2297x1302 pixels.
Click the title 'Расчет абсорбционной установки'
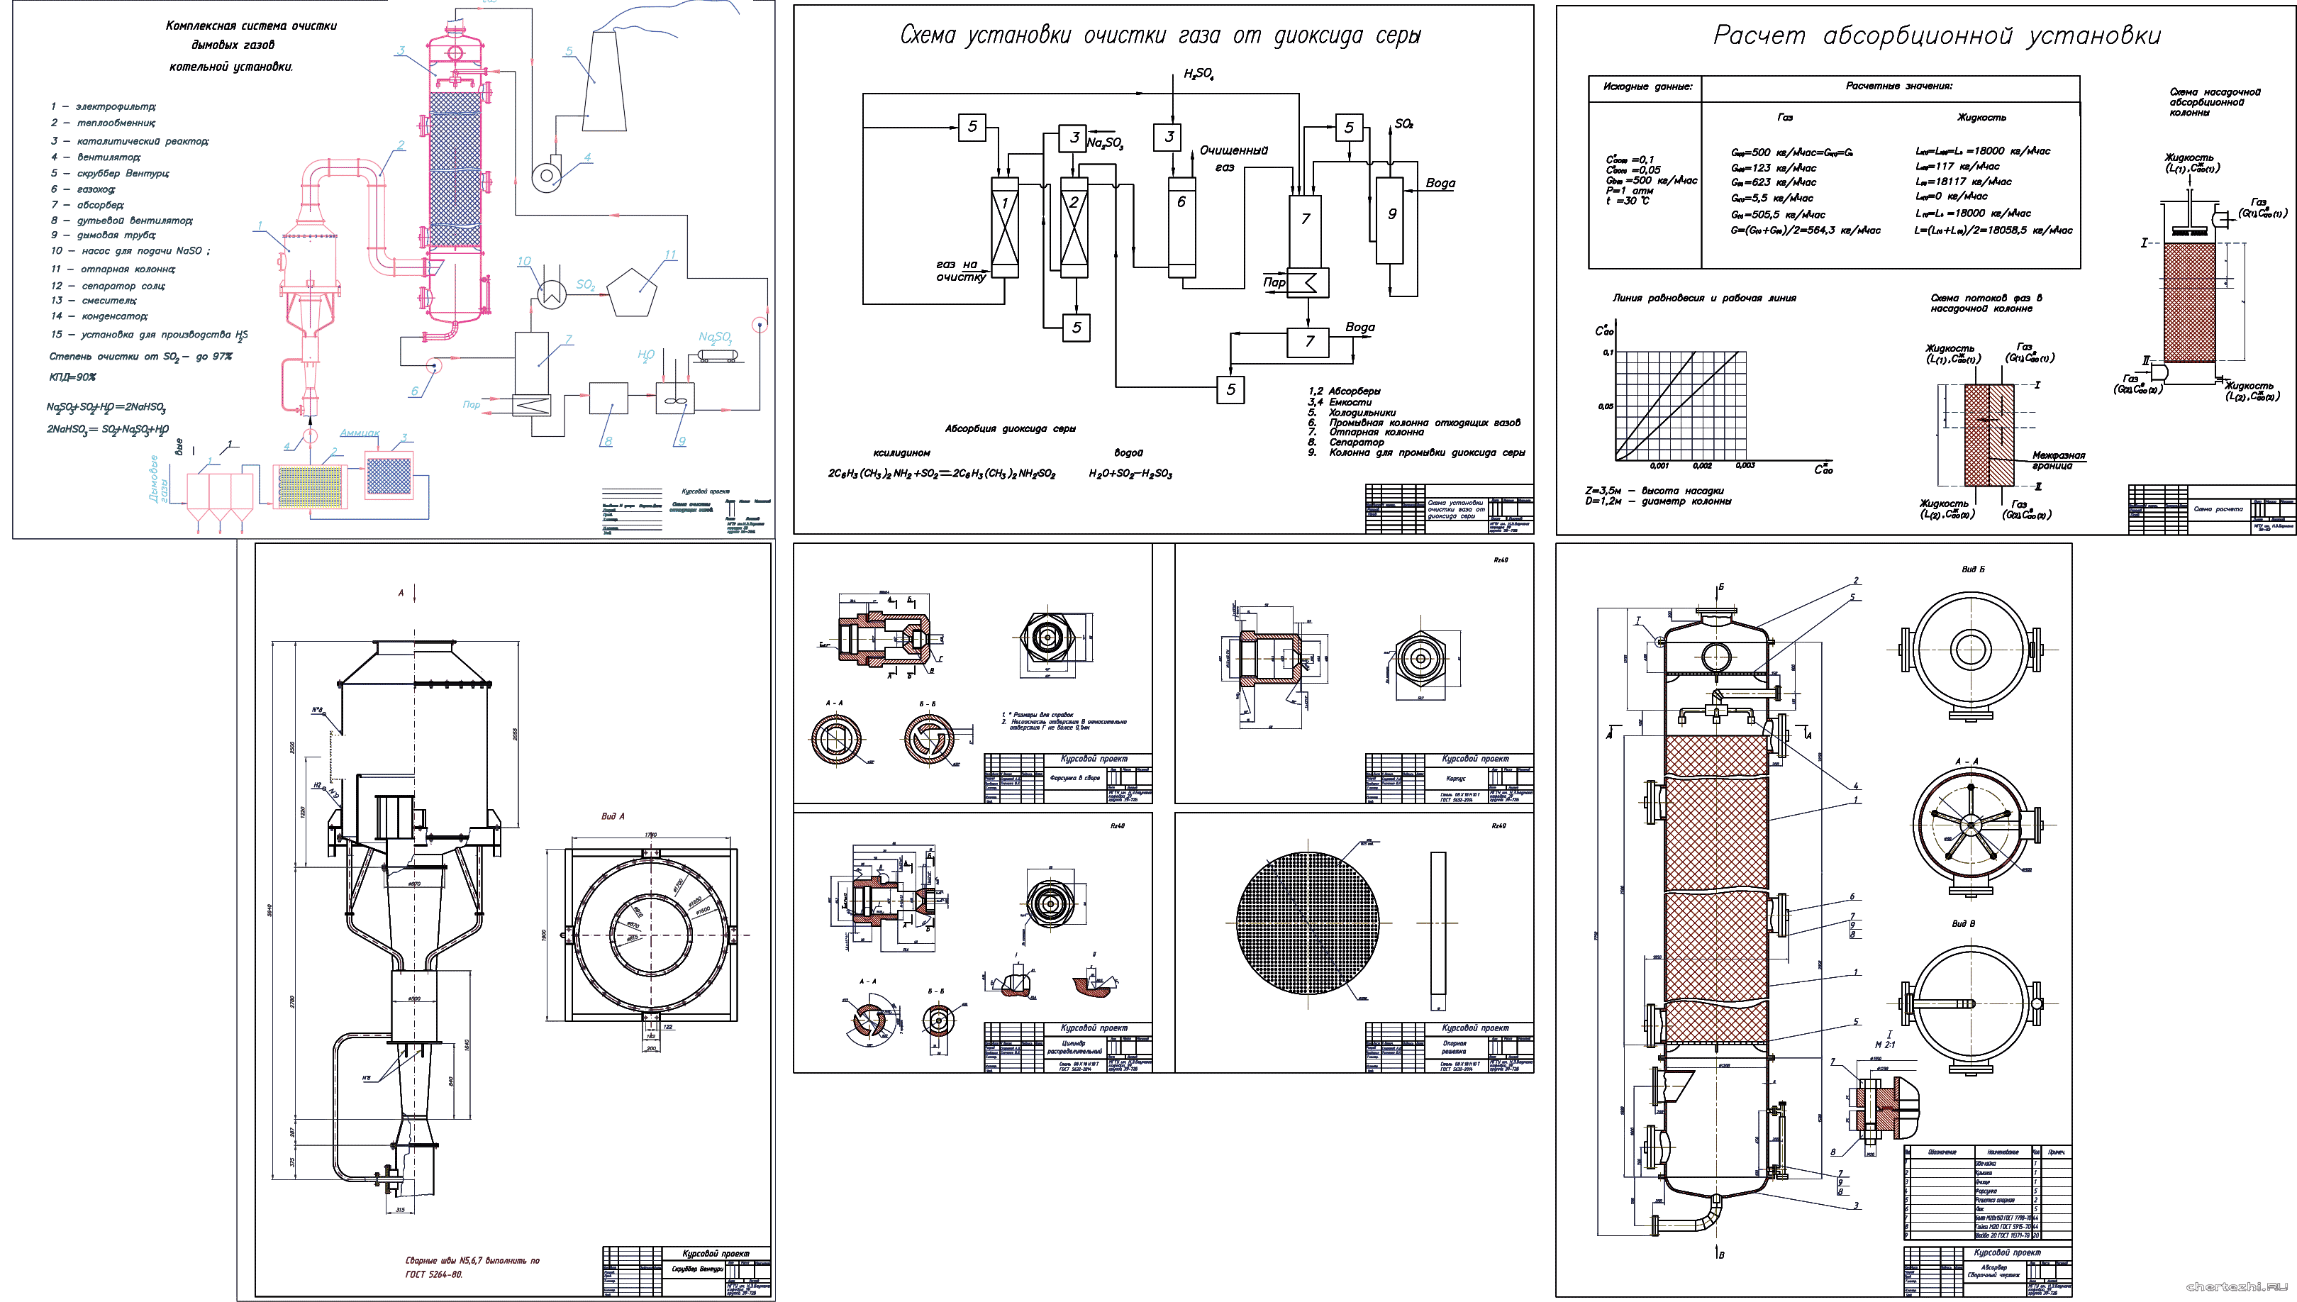click(x=1937, y=35)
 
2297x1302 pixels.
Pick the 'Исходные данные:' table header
click(x=1647, y=87)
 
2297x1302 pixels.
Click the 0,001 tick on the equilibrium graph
click(x=1659, y=465)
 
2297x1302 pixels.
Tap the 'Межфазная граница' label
click(x=2057, y=460)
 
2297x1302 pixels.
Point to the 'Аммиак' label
click(x=360, y=433)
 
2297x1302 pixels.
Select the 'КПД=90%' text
click(x=72, y=377)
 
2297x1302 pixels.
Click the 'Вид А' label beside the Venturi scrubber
click(x=613, y=816)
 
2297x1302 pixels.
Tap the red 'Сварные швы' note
click(x=472, y=1267)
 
